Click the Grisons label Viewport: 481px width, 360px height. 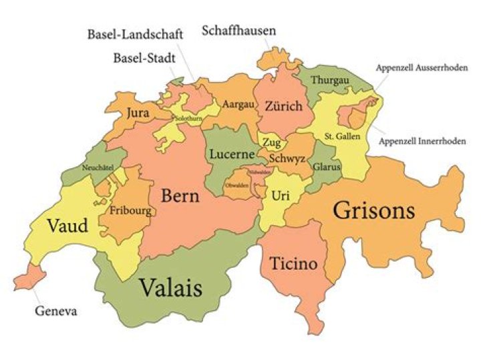point(374,211)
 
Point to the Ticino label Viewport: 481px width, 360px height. point(293,263)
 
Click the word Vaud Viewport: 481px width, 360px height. point(67,226)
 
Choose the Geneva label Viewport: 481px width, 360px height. point(56,311)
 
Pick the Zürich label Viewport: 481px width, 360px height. point(283,106)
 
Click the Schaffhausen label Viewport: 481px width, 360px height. point(238,31)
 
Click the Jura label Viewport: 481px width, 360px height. point(137,112)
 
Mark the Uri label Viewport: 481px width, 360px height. point(280,195)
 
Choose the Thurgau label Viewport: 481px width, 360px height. point(332,81)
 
